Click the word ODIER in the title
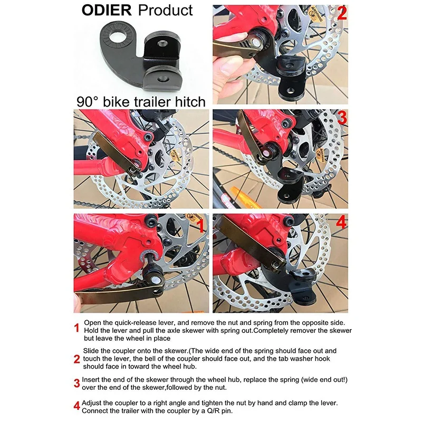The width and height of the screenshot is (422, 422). [107, 10]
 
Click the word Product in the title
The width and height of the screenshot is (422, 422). [165, 10]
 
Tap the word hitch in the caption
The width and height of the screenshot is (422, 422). [190, 102]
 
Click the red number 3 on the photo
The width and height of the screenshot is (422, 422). [342, 118]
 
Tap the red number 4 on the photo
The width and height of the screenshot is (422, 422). [341, 222]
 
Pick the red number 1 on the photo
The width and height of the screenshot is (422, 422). [201, 226]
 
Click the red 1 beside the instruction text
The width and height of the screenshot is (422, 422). [77, 328]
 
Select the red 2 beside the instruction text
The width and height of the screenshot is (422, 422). [77, 359]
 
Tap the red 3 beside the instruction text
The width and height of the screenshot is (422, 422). [77, 383]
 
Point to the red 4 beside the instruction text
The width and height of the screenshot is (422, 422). [77, 406]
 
